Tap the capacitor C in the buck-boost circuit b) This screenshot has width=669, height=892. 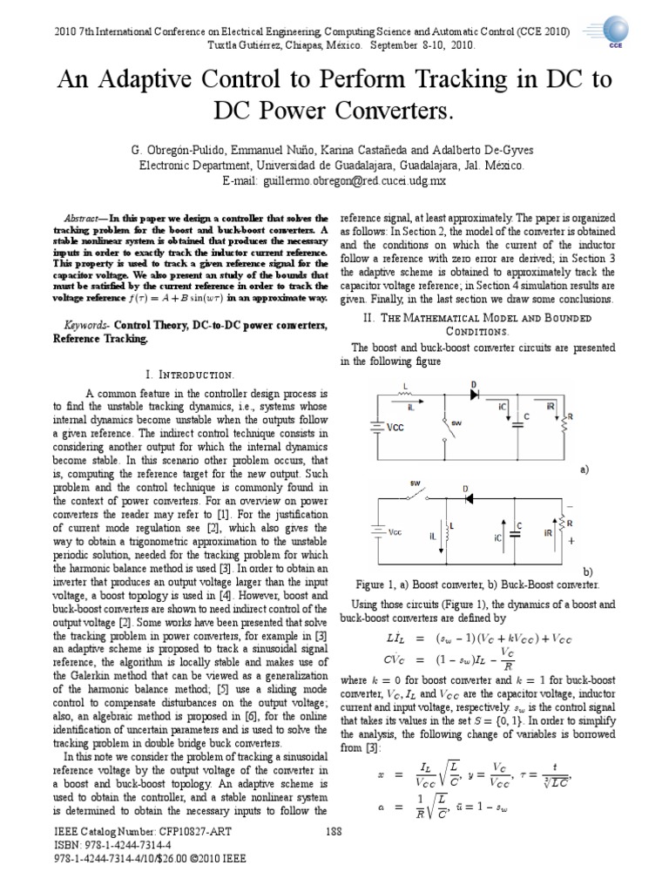point(517,530)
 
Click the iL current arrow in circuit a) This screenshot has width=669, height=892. point(416,403)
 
